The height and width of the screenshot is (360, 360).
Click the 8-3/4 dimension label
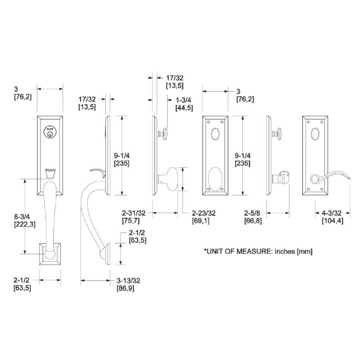point(22,216)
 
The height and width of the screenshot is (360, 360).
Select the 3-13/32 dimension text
point(128,280)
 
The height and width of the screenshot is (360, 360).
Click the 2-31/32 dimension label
point(134,213)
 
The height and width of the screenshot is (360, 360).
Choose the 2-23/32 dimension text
point(204,213)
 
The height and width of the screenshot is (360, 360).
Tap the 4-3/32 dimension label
point(331,213)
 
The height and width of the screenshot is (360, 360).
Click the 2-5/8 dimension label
point(252,213)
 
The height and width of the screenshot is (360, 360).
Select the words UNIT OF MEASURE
point(239,251)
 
